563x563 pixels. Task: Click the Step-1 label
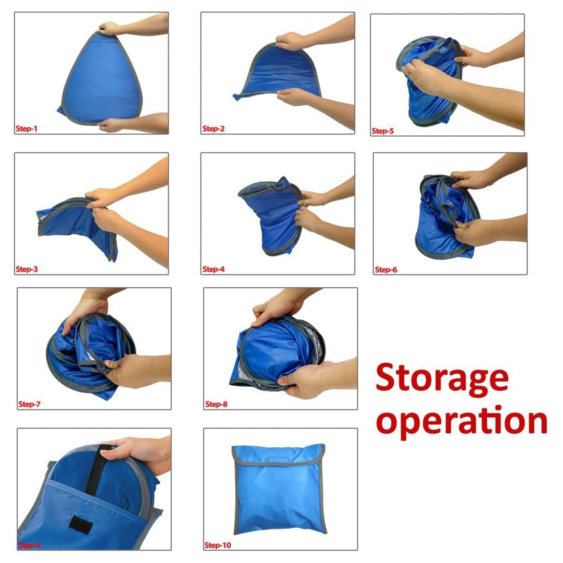(x=26, y=129)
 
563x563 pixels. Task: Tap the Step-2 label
(x=213, y=129)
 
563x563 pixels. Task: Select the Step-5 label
(x=382, y=131)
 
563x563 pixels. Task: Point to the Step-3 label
(x=26, y=269)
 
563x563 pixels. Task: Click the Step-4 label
(x=213, y=269)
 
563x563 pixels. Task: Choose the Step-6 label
(x=386, y=270)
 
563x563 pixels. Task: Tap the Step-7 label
(x=29, y=404)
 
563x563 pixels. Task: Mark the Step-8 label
(x=216, y=404)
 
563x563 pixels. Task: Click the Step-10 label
(x=217, y=545)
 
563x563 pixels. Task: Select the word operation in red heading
(x=461, y=420)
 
